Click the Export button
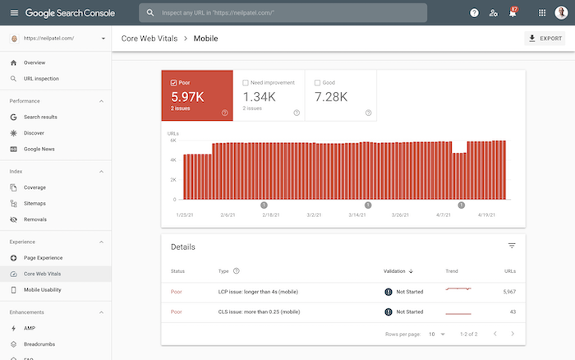(x=545, y=38)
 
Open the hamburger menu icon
(x=14, y=13)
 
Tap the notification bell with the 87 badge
(x=513, y=13)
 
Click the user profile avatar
(x=561, y=13)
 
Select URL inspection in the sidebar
(x=41, y=79)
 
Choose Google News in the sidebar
(x=39, y=149)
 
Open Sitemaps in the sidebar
(x=34, y=203)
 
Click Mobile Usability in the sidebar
(x=42, y=290)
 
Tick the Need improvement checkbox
(x=246, y=82)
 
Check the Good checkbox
(x=317, y=82)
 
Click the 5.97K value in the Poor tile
(x=187, y=97)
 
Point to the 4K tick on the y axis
(x=173, y=160)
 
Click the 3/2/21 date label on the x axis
(x=314, y=215)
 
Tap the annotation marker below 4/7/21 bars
(x=462, y=205)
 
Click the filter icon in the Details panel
(x=512, y=246)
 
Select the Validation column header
(x=398, y=271)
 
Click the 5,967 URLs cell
(x=509, y=292)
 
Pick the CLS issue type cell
(x=259, y=312)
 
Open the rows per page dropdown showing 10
(x=437, y=334)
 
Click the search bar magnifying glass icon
(x=150, y=13)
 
